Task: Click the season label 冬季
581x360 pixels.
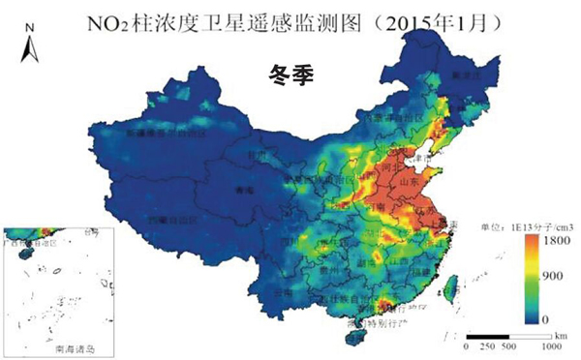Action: (x=290, y=72)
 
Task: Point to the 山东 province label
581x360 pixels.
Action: (x=409, y=182)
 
